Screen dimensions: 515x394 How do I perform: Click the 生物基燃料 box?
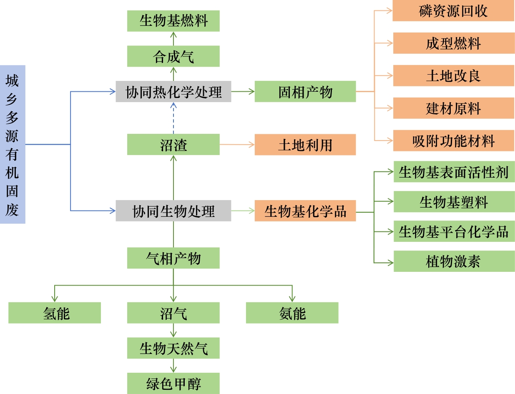(x=173, y=21)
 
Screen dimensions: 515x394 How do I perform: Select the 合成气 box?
(x=173, y=56)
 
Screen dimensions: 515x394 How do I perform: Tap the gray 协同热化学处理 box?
(x=173, y=91)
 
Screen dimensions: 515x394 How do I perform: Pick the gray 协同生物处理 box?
(x=173, y=211)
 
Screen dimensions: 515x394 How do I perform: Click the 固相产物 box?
(x=305, y=91)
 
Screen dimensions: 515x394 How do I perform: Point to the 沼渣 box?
(x=173, y=144)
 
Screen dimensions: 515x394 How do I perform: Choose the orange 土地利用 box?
(x=305, y=144)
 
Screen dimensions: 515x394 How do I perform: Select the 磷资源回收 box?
(x=453, y=10)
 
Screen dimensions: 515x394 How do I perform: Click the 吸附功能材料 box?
(x=454, y=141)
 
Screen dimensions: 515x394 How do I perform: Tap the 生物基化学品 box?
(x=305, y=211)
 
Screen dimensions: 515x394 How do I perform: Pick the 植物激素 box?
(x=454, y=261)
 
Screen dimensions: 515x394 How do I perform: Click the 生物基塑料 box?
(x=454, y=201)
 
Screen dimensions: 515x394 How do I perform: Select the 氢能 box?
(x=55, y=313)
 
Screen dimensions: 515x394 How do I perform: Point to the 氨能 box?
(x=292, y=313)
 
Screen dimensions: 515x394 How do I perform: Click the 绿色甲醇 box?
(x=173, y=383)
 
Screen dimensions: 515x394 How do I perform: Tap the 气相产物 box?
(x=173, y=258)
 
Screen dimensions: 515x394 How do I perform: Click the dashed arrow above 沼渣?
(x=173, y=118)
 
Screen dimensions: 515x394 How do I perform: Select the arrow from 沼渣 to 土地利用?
(x=237, y=144)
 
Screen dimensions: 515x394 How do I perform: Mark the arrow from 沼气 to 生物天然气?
(x=173, y=331)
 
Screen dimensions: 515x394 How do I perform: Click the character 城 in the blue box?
(x=12, y=81)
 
